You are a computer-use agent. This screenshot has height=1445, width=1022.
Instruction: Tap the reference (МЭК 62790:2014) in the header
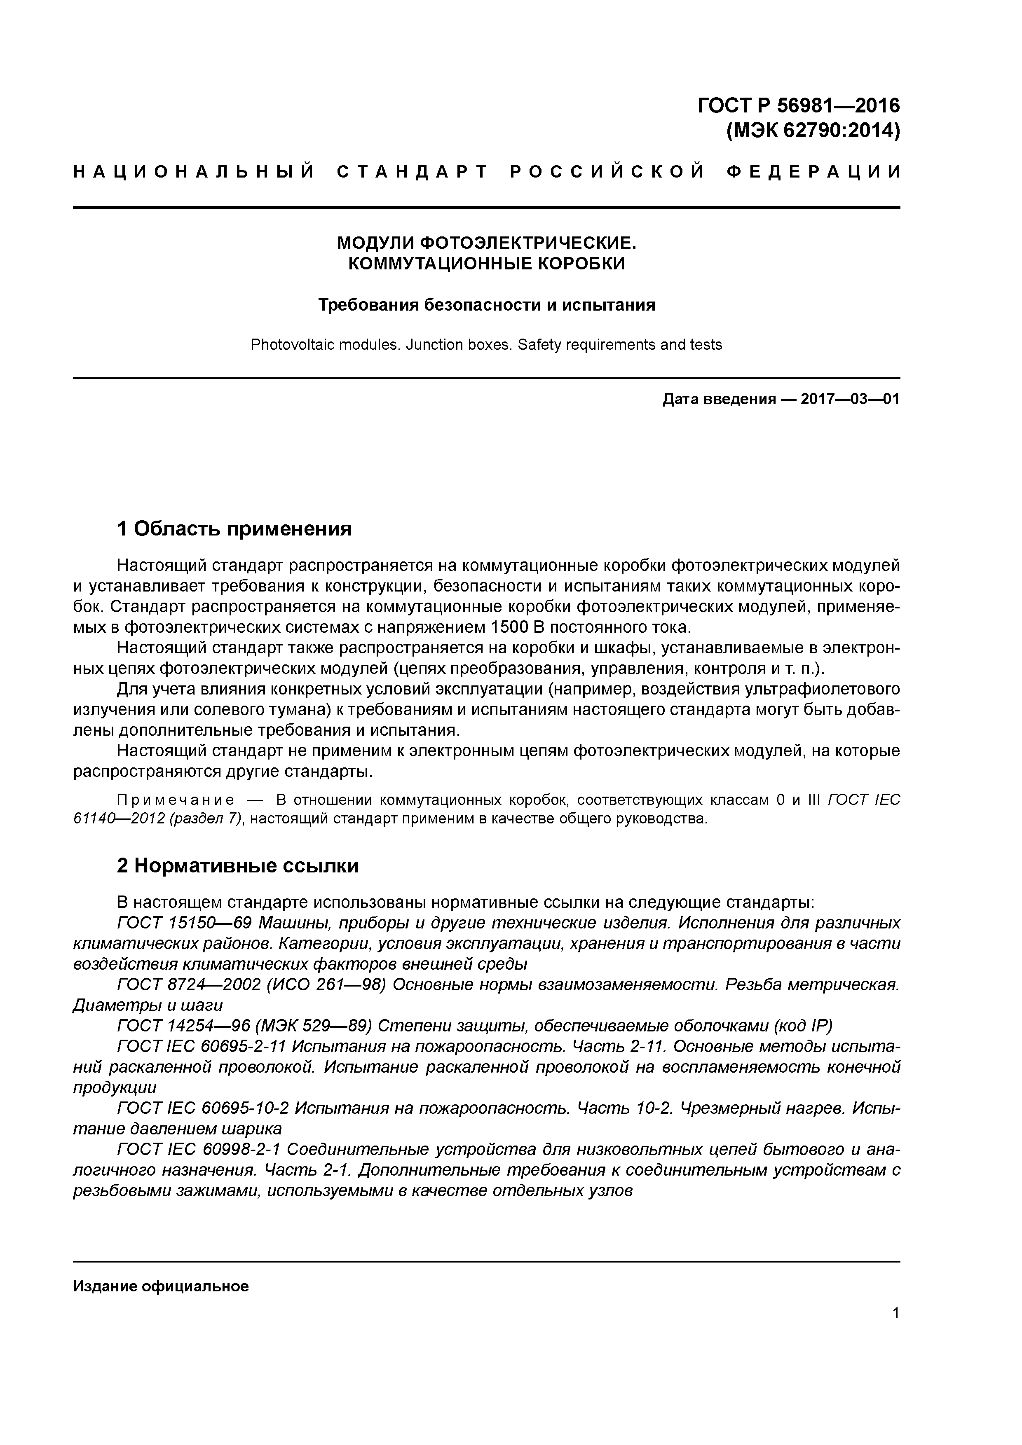pos(813,131)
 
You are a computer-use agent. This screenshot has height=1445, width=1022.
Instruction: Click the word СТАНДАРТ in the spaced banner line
pos(413,171)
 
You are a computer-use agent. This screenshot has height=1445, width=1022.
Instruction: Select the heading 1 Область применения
pos(234,528)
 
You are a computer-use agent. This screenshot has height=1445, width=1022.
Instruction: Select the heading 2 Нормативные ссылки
pos(238,866)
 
